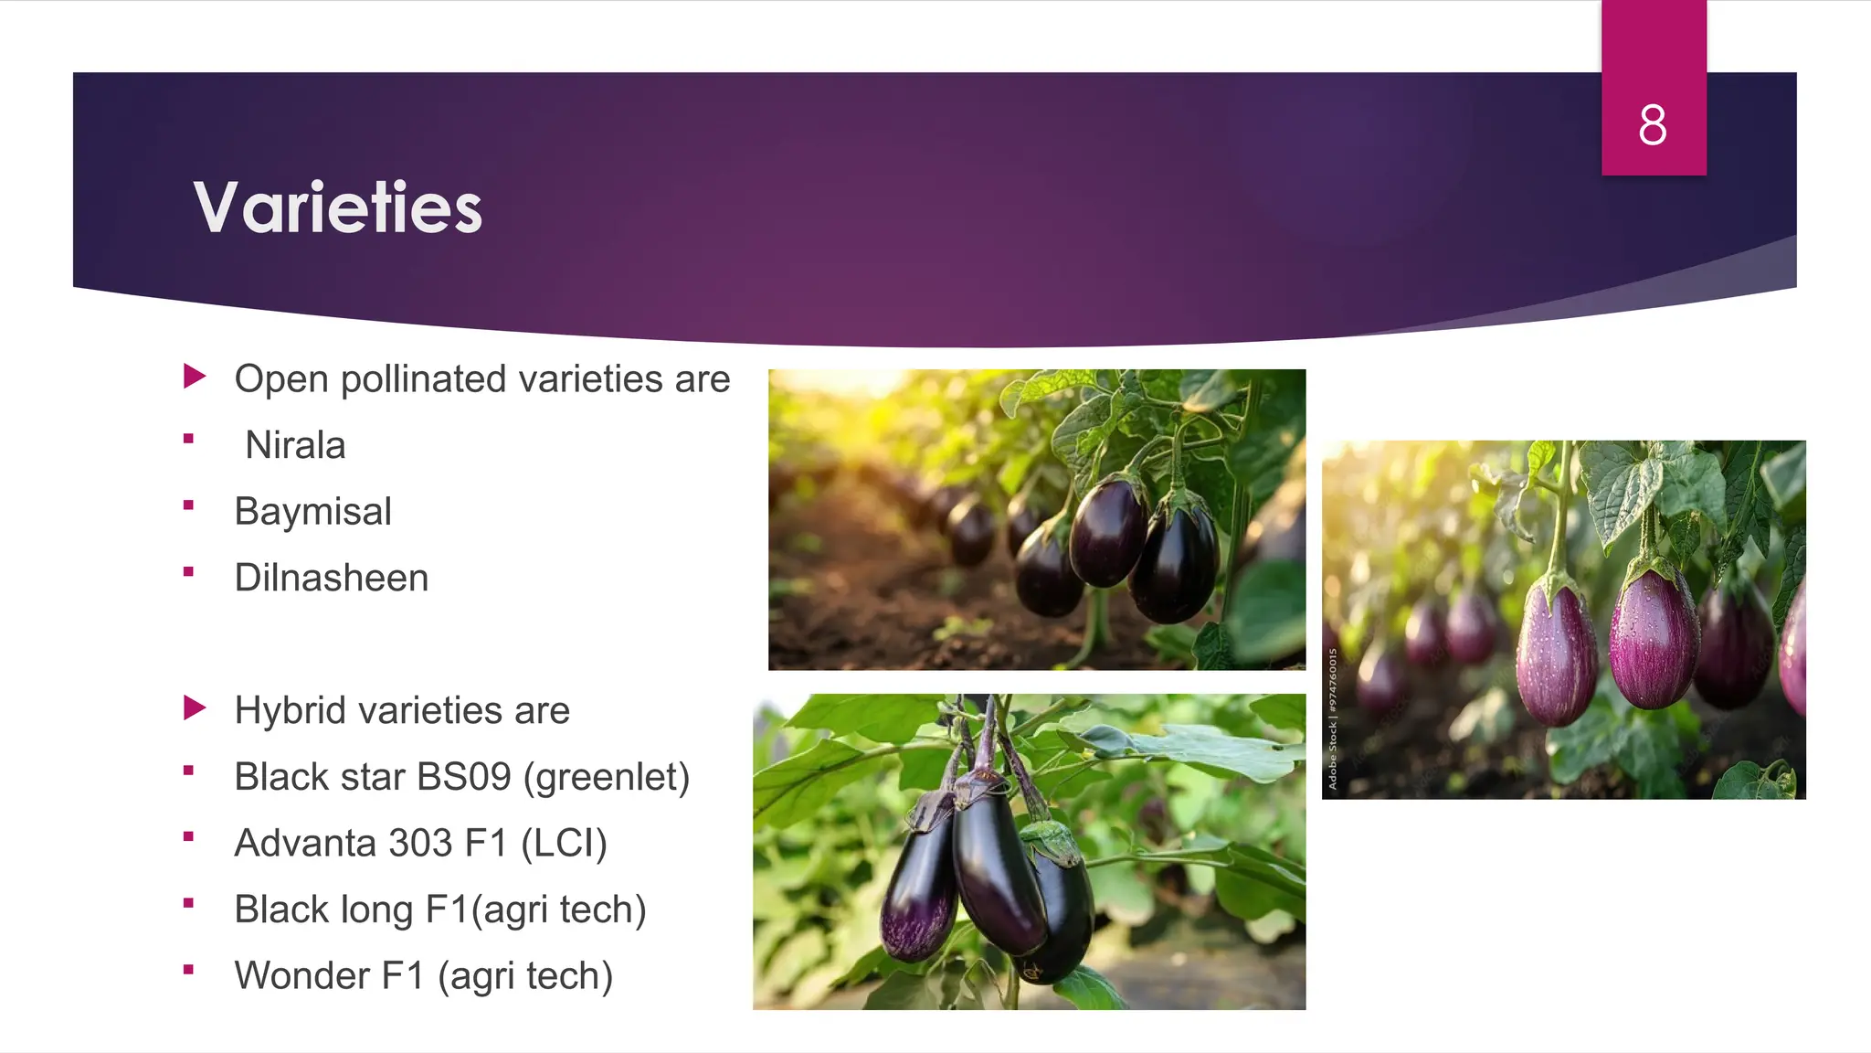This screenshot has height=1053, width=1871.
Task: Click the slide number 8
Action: [1652, 125]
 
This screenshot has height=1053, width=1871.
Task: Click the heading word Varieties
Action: [337, 207]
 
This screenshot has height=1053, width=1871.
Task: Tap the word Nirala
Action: [295, 446]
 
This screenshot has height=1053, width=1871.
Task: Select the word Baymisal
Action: [312, 512]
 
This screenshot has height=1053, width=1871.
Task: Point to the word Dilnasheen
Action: [331, 579]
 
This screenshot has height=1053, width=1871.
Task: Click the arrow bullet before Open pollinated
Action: [194, 377]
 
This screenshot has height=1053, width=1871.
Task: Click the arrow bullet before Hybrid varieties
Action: [194, 708]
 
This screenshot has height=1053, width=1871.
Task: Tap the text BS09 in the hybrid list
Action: [464, 777]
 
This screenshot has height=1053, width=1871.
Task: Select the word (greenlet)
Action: [607, 778]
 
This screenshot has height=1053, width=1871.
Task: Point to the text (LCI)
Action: [564, 844]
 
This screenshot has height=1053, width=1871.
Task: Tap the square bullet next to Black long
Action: [188, 904]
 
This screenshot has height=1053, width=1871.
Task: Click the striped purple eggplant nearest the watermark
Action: [1555, 654]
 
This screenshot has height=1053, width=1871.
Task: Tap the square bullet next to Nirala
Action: [188, 440]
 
